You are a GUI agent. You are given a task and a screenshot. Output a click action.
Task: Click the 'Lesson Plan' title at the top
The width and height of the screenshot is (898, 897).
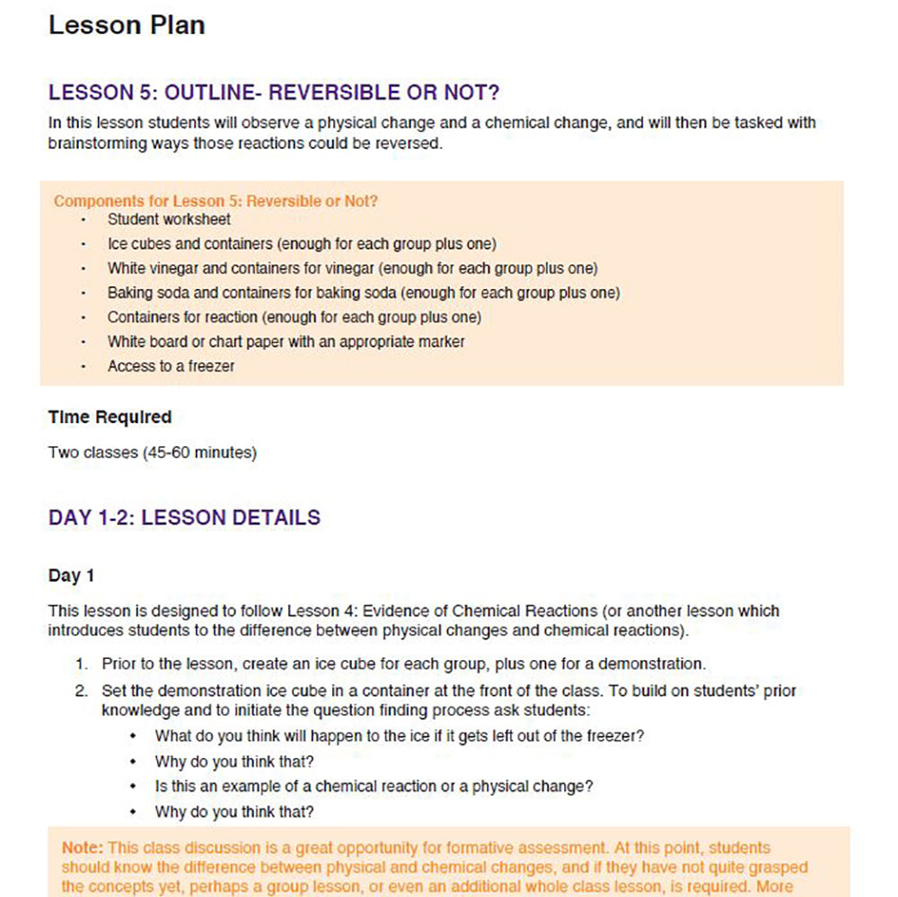point(127,25)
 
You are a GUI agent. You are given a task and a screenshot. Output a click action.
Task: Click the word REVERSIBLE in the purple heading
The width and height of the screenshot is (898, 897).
point(341,92)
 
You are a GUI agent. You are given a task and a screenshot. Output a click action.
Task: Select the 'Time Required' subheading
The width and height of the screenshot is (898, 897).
point(110,417)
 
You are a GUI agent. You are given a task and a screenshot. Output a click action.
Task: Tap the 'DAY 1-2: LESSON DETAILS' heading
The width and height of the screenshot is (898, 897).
point(184,517)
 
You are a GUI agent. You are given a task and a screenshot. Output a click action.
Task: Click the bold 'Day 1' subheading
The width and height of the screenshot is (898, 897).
point(71,576)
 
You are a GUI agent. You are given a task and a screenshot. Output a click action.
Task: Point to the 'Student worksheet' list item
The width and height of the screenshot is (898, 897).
point(169,219)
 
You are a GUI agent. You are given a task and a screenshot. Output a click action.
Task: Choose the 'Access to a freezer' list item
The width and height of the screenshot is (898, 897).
point(171,366)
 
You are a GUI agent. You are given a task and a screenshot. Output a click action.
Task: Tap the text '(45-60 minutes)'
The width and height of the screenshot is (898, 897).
point(199,453)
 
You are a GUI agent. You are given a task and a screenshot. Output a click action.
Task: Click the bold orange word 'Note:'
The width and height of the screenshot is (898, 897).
point(83,848)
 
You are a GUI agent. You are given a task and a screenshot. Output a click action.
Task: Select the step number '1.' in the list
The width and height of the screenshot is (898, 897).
point(82,664)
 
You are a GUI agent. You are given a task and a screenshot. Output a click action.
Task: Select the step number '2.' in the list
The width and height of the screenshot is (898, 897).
point(82,691)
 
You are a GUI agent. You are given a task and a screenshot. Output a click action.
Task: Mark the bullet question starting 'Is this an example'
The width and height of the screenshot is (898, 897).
point(374,786)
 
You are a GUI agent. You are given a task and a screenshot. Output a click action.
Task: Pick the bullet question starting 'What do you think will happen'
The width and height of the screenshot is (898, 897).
point(400,735)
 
